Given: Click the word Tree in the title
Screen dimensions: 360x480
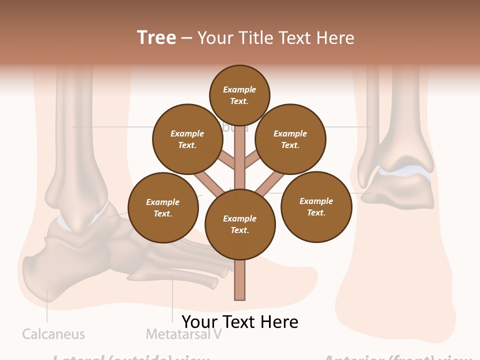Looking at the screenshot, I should pyautogui.click(x=156, y=37).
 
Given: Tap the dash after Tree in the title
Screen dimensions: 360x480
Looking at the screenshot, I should pyautogui.click(x=186, y=38).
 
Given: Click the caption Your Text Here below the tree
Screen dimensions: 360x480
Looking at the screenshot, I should pyautogui.click(x=240, y=321).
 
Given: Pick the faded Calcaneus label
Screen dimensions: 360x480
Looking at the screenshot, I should pyautogui.click(x=53, y=334).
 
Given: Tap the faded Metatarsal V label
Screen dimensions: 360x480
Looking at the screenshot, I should pyautogui.click(x=183, y=334).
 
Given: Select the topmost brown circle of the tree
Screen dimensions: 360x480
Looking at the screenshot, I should pyautogui.click(x=239, y=95).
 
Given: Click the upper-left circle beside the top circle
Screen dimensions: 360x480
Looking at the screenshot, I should pyautogui.click(x=187, y=139).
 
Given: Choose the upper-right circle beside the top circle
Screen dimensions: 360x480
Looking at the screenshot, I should pyautogui.click(x=290, y=139).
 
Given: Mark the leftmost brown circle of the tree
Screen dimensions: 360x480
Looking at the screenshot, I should pyautogui.click(x=163, y=207).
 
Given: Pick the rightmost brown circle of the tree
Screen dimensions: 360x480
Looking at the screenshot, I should pyautogui.click(x=316, y=206).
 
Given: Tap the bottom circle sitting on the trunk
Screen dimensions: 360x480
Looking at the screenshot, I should pyautogui.click(x=240, y=224).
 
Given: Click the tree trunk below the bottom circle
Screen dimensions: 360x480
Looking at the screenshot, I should pyautogui.click(x=240, y=280).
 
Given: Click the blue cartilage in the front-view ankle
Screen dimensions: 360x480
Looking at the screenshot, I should pyautogui.click(x=405, y=171).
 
